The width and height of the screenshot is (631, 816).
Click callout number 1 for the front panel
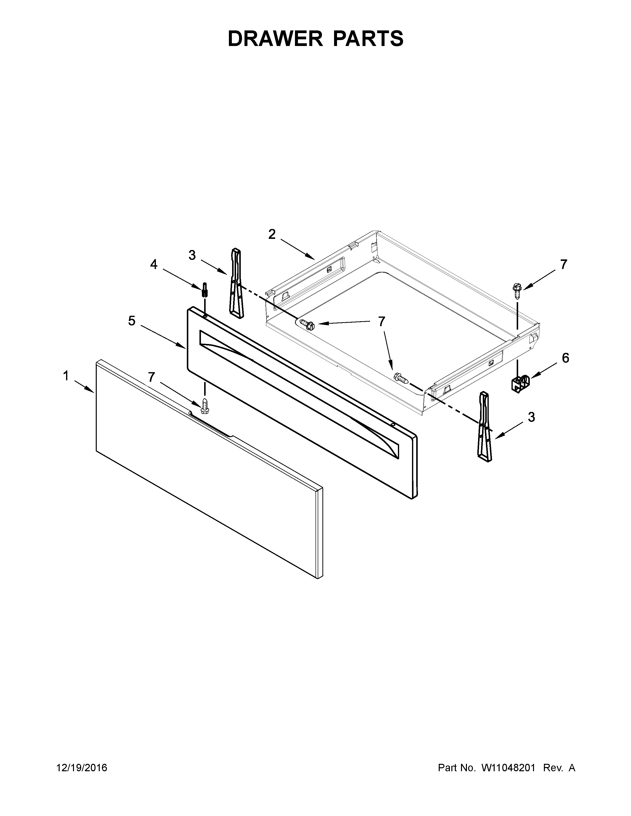pos(66,376)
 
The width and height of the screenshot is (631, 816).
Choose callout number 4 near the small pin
pos(154,265)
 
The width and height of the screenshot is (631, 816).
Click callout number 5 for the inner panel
pos(132,320)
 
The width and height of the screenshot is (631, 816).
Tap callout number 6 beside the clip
pos(565,358)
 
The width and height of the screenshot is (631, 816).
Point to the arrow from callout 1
pos(84,386)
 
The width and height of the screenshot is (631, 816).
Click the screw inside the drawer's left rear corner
pos(307,324)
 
